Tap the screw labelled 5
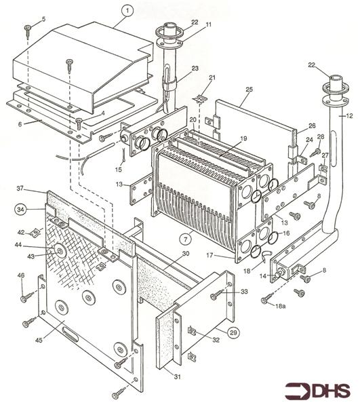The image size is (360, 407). click(x=28, y=28)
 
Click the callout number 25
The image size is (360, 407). click(x=248, y=90)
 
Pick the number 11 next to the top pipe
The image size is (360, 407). click(x=209, y=25)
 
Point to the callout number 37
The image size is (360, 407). click(x=20, y=188)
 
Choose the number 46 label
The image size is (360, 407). click(x=21, y=275)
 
